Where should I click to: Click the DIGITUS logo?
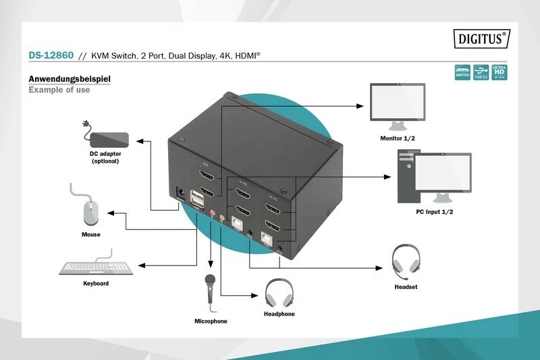tap(481, 39)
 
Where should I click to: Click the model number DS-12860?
tap(51, 56)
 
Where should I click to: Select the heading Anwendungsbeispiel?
tap(70, 79)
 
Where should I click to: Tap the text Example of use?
tap(59, 90)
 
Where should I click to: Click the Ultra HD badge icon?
tap(500, 72)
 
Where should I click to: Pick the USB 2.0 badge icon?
tap(481, 72)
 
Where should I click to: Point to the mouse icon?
tap(90, 213)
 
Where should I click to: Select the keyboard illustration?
tap(96, 265)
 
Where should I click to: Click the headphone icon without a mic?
tap(279, 292)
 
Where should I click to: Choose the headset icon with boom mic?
tap(406, 263)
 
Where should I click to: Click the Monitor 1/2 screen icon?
tap(397, 103)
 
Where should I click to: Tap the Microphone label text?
tap(211, 321)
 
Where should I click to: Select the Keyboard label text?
tap(96, 283)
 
